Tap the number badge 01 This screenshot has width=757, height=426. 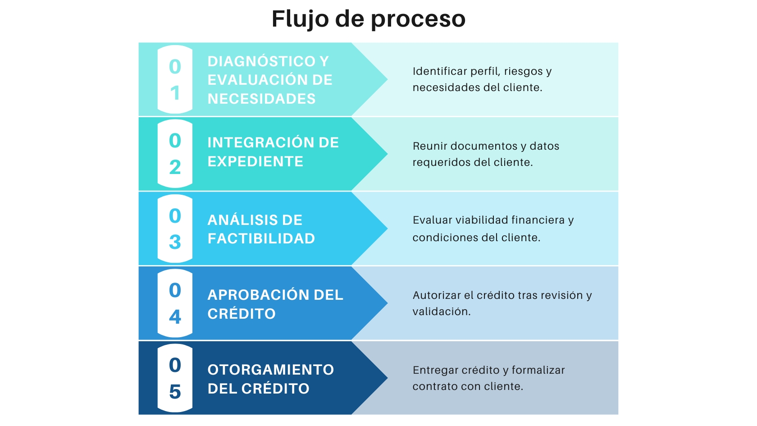(x=175, y=79)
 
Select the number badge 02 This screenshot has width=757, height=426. (x=175, y=154)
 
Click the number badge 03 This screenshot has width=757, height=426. (x=175, y=229)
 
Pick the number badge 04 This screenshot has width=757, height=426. (x=175, y=303)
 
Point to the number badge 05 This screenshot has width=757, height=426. (x=175, y=378)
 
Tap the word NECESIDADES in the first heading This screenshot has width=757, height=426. (x=261, y=99)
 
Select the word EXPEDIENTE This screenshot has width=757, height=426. (x=255, y=161)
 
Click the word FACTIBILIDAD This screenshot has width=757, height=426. (x=261, y=238)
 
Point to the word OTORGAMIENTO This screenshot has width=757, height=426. (x=270, y=370)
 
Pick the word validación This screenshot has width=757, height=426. (x=441, y=311)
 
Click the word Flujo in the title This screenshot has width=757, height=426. (x=300, y=19)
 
